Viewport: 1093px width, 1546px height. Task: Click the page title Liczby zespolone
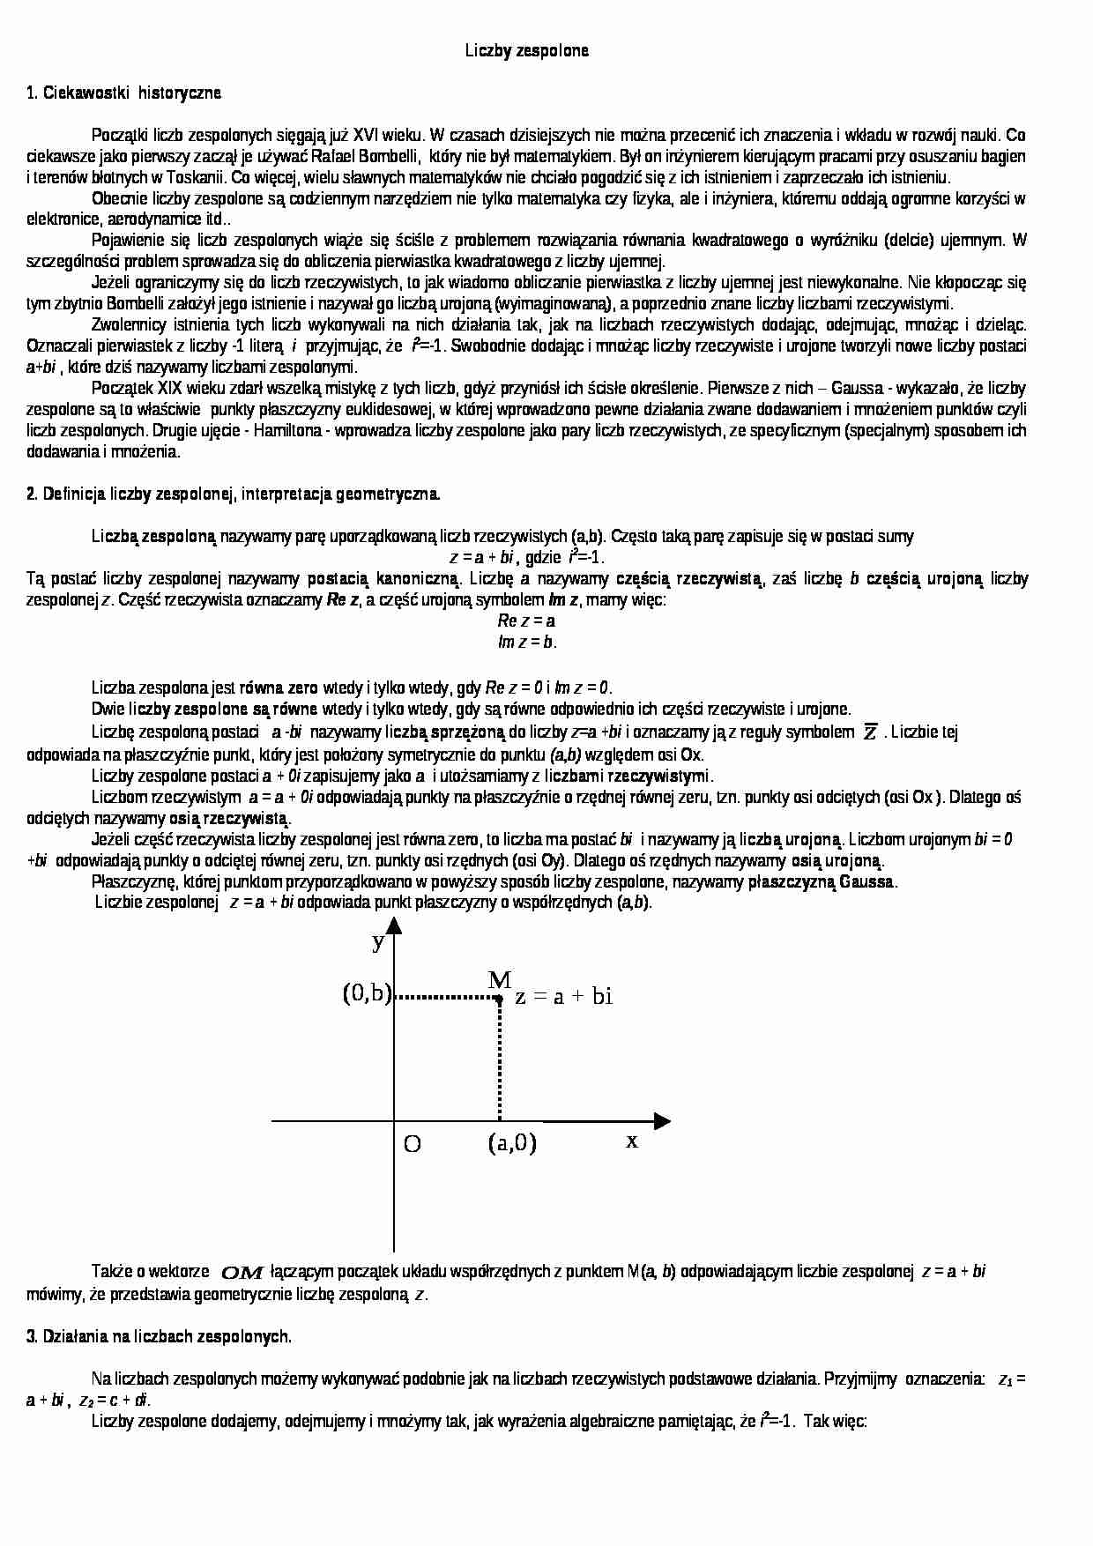tap(526, 51)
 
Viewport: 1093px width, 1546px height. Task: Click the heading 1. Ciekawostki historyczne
tap(123, 93)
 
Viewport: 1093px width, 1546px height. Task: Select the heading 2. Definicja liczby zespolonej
tap(234, 494)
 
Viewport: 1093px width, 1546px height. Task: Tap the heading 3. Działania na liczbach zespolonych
tap(159, 1336)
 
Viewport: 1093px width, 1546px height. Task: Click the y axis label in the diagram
tap(378, 941)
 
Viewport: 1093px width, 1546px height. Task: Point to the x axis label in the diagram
tap(632, 1141)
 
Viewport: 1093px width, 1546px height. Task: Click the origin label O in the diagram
tap(412, 1144)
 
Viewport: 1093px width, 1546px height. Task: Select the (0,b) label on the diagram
tap(367, 993)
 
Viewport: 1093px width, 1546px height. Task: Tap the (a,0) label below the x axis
tap(512, 1143)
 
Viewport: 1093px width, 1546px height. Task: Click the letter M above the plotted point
tap(499, 979)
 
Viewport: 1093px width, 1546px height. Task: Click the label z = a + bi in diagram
tap(564, 997)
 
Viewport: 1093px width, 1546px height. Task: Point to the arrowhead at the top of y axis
tap(394, 925)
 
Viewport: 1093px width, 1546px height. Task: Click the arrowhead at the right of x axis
tap(661, 1121)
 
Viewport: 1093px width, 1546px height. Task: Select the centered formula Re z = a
tap(526, 621)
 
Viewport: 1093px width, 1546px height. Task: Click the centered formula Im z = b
tap(526, 643)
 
